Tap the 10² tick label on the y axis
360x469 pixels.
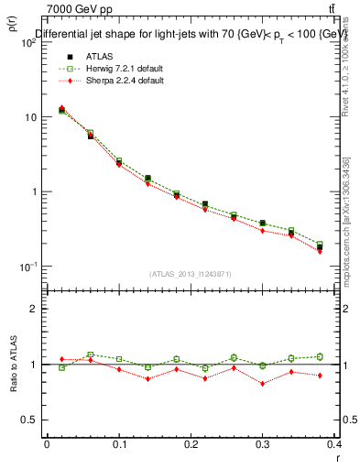tap(27, 43)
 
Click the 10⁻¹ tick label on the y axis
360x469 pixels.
tap(27, 267)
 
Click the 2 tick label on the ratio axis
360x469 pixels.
tap(33, 309)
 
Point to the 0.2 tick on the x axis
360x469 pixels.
tap(191, 443)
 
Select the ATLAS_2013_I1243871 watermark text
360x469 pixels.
tap(191, 275)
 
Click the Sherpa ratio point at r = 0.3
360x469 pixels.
tap(262, 384)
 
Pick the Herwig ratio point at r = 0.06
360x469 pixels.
tap(90, 354)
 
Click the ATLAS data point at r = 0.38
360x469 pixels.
tap(320, 247)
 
